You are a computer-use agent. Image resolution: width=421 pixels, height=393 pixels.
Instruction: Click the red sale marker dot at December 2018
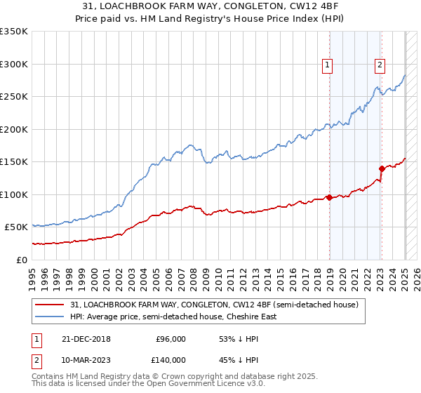coord(329,197)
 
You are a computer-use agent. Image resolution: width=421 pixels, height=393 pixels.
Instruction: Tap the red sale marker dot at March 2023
coord(382,168)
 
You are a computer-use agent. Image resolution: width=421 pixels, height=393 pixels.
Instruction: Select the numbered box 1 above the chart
coord(327,65)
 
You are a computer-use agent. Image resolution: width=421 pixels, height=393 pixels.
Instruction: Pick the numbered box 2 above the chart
coord(380,65)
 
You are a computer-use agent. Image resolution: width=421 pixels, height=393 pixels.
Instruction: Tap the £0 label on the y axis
coord(22,260)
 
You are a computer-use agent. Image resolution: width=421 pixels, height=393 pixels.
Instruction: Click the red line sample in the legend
coord(49,305)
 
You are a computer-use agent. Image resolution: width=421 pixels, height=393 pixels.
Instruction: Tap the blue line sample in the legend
coord(49,317)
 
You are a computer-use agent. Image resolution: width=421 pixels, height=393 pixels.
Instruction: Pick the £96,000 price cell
coord(171,339)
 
